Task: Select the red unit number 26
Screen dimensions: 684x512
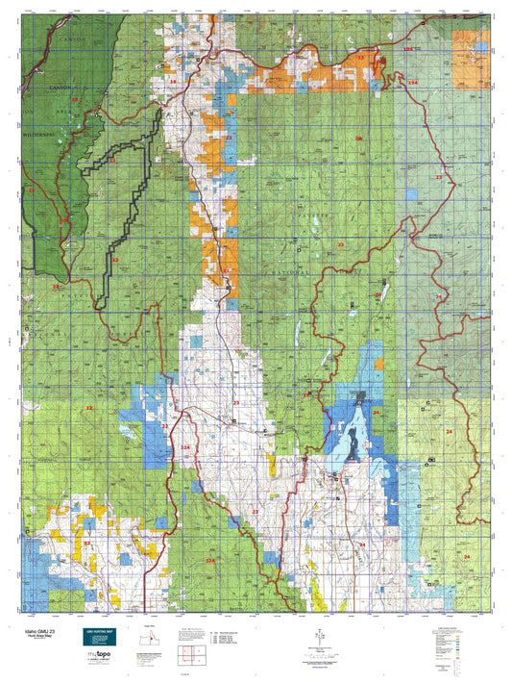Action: [358, 139]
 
